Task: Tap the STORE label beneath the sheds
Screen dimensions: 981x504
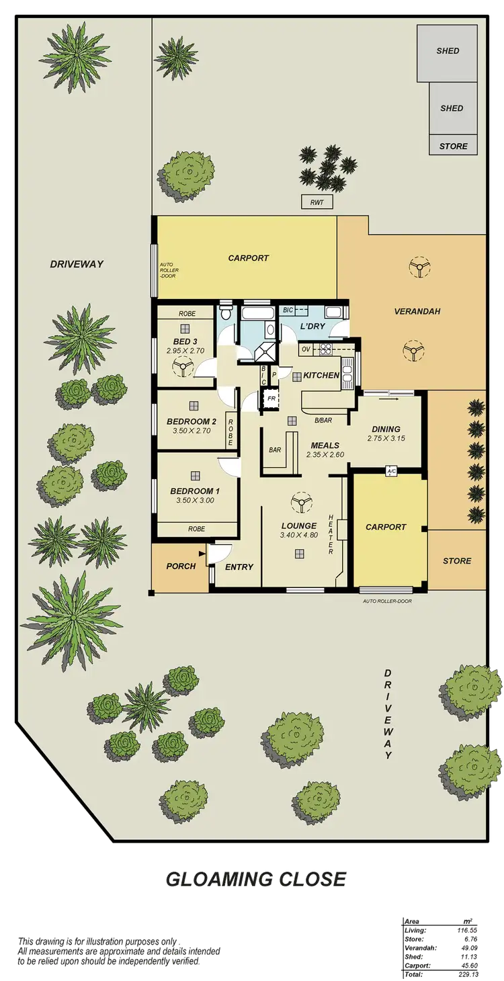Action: tap(453, 146)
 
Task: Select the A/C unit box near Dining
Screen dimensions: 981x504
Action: tap(391, 472)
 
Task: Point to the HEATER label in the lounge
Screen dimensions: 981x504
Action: tap(331, 535)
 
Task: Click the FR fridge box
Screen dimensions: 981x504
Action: tap(271, 398)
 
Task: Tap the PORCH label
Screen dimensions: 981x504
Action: tap(181, 566)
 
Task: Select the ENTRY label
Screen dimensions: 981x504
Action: tap(239, 567)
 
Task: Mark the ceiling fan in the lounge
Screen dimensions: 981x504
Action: tap(300, 501)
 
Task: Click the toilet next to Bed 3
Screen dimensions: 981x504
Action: tap(226, 312)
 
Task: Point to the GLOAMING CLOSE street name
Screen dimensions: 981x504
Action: tap(255, 878)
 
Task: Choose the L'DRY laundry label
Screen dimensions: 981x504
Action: tap(313, 326)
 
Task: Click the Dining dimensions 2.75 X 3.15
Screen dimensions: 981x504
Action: tap(385, 439)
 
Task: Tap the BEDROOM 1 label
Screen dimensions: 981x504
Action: tap(194, 491)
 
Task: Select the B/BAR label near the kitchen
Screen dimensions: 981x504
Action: tap(324, 421)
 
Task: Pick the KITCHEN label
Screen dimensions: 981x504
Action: tap(321, 375)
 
